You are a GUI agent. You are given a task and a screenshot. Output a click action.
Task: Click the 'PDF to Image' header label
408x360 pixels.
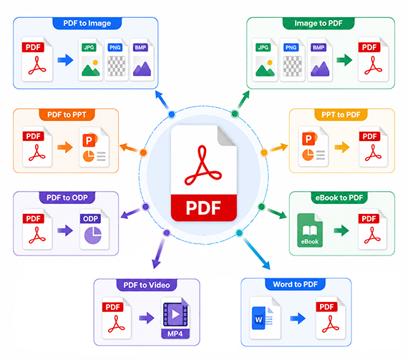pos(87,23)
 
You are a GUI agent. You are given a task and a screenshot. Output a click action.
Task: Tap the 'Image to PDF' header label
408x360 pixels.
pos(319,23)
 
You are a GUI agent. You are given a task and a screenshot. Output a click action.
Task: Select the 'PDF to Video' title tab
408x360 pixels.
pos(147,285)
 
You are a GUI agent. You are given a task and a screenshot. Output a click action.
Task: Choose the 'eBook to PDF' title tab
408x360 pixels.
pos(339,198)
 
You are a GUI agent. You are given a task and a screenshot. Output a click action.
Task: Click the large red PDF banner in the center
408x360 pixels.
pos(204,208)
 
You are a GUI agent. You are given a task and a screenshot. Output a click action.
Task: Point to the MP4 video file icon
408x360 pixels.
pos(175,318)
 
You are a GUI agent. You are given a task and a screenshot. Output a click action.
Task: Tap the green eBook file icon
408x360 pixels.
pos(310,230)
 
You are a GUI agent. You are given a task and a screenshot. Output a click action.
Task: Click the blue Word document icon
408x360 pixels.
pos(265,318)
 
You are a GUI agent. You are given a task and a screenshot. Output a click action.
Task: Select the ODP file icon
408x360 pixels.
pos(94,229)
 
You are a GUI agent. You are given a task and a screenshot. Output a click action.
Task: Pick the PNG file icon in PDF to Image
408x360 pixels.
pos(116,59)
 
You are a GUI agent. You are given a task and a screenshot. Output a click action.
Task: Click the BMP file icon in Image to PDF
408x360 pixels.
pos(319,60)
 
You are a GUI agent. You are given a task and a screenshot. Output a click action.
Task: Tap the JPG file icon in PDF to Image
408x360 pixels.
pos(90,59)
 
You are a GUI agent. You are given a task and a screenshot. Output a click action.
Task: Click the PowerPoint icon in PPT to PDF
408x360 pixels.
pos(314,147)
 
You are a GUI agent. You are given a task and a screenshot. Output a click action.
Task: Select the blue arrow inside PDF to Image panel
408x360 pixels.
pos(65,60)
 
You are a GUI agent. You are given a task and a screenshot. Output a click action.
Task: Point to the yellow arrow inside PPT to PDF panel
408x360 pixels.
pos(342,147)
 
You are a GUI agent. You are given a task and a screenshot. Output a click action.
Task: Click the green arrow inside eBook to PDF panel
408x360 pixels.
pos(341,230)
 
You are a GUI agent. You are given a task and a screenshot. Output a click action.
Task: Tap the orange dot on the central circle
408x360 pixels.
pos(143,152)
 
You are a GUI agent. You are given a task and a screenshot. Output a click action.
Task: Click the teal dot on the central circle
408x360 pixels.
pos(239,233)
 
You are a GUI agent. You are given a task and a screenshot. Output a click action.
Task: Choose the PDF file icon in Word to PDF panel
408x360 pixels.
pos(331,318)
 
